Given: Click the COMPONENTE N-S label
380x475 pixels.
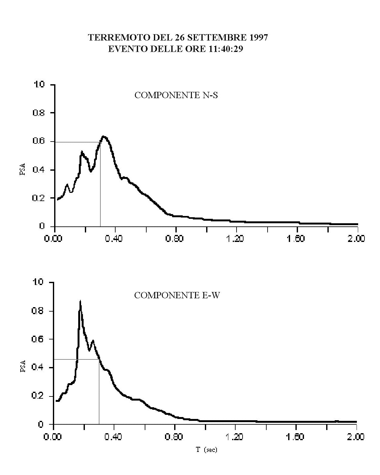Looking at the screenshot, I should click(x=176, y=95).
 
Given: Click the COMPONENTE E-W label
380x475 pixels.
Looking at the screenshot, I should click(x=177, y=295).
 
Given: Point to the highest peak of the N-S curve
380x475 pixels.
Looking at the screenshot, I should click(x=104, y=137).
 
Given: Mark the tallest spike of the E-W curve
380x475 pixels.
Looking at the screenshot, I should click(x=80, y=301).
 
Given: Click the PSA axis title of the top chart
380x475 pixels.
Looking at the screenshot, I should click(x=23, y=170).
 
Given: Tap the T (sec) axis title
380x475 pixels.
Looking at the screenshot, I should click(x=206, y=450).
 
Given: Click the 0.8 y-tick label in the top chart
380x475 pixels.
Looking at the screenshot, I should click(x=39, y=113).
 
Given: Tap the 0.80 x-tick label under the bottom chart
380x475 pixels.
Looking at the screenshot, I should click(x=174, y=437).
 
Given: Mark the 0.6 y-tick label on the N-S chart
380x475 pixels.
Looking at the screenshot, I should click(x=39, y=142).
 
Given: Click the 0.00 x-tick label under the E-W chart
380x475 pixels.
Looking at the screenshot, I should click(x=53, y=437).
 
